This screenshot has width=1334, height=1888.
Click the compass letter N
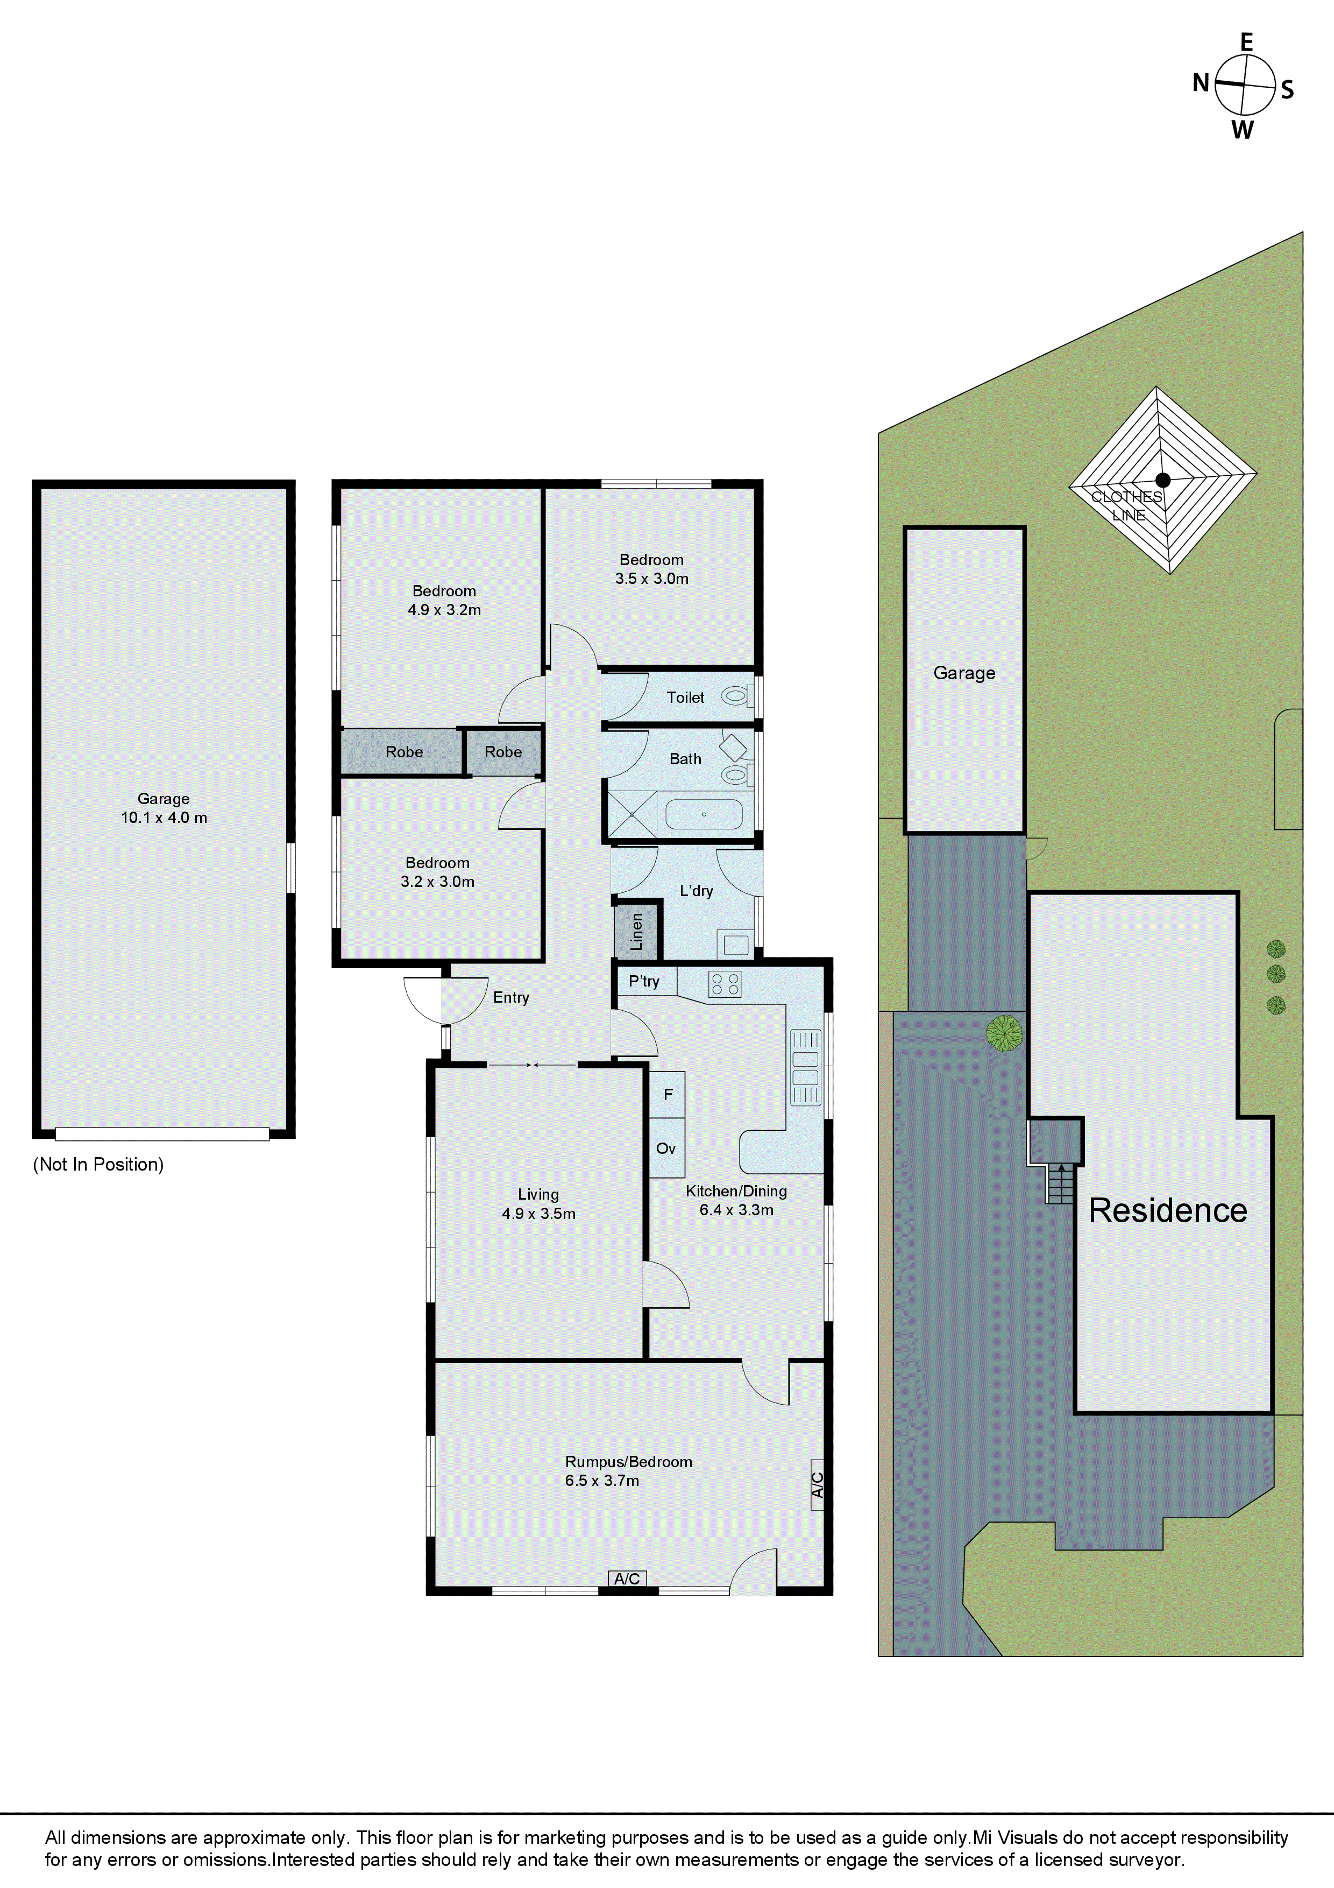coord(1201,82)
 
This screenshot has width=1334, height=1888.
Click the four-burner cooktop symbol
coord(725,984)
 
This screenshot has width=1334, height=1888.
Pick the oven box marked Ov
coord(666,1148)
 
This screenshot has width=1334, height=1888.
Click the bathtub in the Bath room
coord(704,814)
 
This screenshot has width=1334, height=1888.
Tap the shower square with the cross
coord(632,814)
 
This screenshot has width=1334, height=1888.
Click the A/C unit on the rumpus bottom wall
coord(627,1578)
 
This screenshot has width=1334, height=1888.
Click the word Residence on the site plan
coord(1167,1210)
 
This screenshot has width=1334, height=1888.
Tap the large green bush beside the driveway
coord(1004,1033)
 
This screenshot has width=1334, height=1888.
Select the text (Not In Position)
coord(98,1164)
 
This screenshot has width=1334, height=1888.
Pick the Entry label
coord(510,997)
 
